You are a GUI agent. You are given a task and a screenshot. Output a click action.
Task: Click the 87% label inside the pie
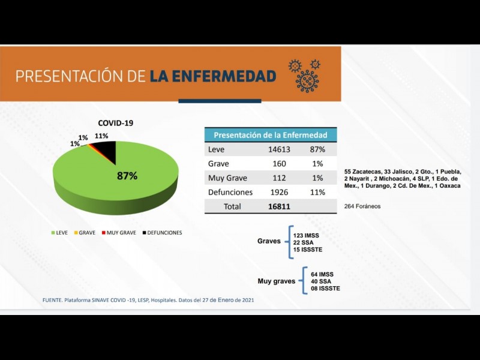(127, 176)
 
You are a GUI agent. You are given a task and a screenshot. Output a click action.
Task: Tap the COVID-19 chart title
(115, 123)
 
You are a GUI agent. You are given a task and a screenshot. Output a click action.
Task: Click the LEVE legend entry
(61, 232)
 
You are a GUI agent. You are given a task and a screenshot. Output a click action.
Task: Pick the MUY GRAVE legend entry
(119, 232)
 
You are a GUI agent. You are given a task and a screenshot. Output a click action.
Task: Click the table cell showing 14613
(278, 149)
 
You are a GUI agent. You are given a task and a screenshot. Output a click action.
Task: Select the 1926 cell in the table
(278, 193)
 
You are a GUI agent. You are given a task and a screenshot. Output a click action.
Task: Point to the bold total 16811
(279, 206)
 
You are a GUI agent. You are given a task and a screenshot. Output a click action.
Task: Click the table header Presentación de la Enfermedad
(271, 135)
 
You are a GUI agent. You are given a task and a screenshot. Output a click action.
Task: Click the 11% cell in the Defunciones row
(317, 193)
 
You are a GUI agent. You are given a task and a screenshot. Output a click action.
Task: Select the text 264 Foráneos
(362, 206)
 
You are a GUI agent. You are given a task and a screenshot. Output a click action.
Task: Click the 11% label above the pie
(101, 136)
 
